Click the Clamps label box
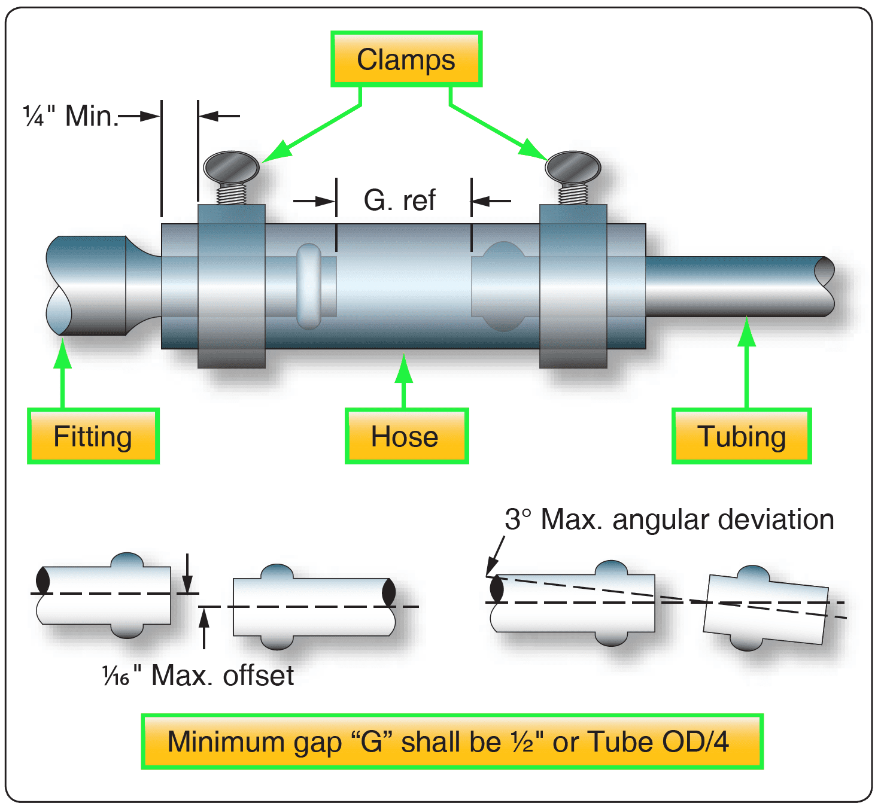pyautogui.click(x=406, y=59)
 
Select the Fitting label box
pyautogui.click(x=93, y=436)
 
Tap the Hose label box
pyautogui.click(x=406, y=436)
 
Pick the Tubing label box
pyautogui.click(x=741, y=436)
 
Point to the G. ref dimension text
pyautogui.click(x=399, y=200)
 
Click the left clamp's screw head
pyautogui.click(x=231, y=168)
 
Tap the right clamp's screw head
pyautogui.click(x=573, y=167)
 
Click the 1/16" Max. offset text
pyautogui.click(x=198, y=676)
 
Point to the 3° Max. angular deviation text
pyautogui.click(x=669, y=519)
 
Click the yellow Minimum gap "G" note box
pyautogui.click(x=452, y=741)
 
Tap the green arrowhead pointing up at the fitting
pyautogui.click(x=62, y=354)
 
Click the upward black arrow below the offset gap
pyautogui.click(x=205, y=618)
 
